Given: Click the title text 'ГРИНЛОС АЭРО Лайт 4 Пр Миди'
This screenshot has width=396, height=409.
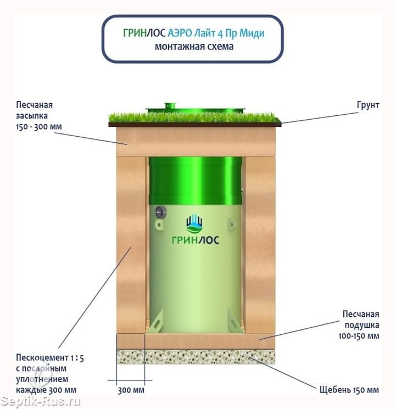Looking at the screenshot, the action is point(194,33).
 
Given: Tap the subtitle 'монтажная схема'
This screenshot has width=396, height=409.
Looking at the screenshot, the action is point(194,47).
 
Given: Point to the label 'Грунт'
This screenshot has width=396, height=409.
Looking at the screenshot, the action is point(368,105).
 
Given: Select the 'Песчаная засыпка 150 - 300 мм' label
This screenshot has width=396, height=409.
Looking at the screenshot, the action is point(39,115).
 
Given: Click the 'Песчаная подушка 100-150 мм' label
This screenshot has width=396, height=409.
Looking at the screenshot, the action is point(359,325).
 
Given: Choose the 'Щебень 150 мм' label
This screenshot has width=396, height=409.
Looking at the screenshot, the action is point(349,390).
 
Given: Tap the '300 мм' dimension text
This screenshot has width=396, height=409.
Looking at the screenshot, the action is point(131,390).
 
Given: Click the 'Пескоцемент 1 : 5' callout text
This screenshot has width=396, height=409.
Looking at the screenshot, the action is point(50,357).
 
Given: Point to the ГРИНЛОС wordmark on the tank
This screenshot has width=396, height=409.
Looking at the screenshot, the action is point(196,240).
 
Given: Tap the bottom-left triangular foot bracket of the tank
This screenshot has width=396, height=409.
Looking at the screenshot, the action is point(156,321).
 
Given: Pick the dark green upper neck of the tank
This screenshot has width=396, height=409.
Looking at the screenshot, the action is point(196,181).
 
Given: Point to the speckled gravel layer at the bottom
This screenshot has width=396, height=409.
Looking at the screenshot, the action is point(196,357).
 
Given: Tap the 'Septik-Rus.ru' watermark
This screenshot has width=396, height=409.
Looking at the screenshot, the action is point(40,401).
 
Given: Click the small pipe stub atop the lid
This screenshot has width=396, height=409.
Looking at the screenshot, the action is point(170,105).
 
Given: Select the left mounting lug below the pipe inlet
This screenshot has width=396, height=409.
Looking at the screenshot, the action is point(159,225).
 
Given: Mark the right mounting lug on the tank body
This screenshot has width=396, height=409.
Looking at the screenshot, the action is point(232,225).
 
